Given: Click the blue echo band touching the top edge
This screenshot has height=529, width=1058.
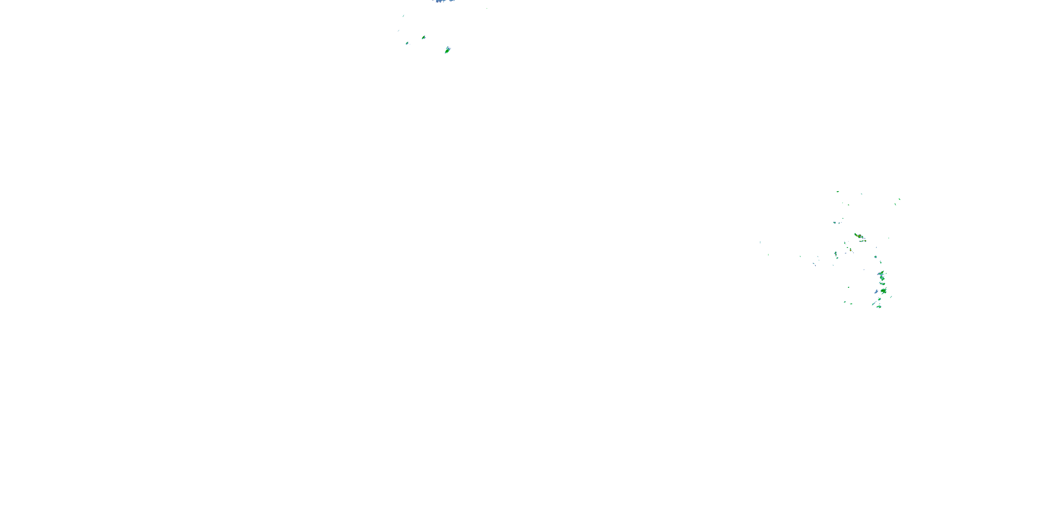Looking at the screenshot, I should tap(443, 1).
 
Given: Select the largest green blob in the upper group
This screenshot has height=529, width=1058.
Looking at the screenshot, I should tap(447, 50).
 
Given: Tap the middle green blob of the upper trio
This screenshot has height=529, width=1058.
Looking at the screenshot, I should tap(424, 37).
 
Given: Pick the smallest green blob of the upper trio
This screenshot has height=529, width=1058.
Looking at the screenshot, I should tap(407, 43).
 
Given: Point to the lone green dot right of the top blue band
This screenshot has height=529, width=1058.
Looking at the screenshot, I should tap(487, 8).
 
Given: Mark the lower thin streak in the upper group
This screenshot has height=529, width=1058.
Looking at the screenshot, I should tap(399, 30).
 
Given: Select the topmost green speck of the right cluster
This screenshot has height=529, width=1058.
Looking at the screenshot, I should tap(838, 191).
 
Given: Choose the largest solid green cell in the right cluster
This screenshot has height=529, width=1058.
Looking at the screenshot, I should tap(883, 291).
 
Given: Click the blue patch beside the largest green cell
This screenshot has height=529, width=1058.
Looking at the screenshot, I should tap(876, 292).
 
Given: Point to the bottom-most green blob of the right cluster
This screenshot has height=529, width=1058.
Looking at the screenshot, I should tap(879, 306).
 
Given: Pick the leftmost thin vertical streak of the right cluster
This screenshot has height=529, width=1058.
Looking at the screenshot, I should tap(760, 242).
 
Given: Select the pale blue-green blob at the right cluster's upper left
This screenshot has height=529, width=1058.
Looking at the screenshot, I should tap(834, 223).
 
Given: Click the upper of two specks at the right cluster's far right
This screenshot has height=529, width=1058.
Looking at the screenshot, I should tap(899, 199).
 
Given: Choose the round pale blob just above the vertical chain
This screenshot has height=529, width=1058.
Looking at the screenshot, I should tap(875, 257).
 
